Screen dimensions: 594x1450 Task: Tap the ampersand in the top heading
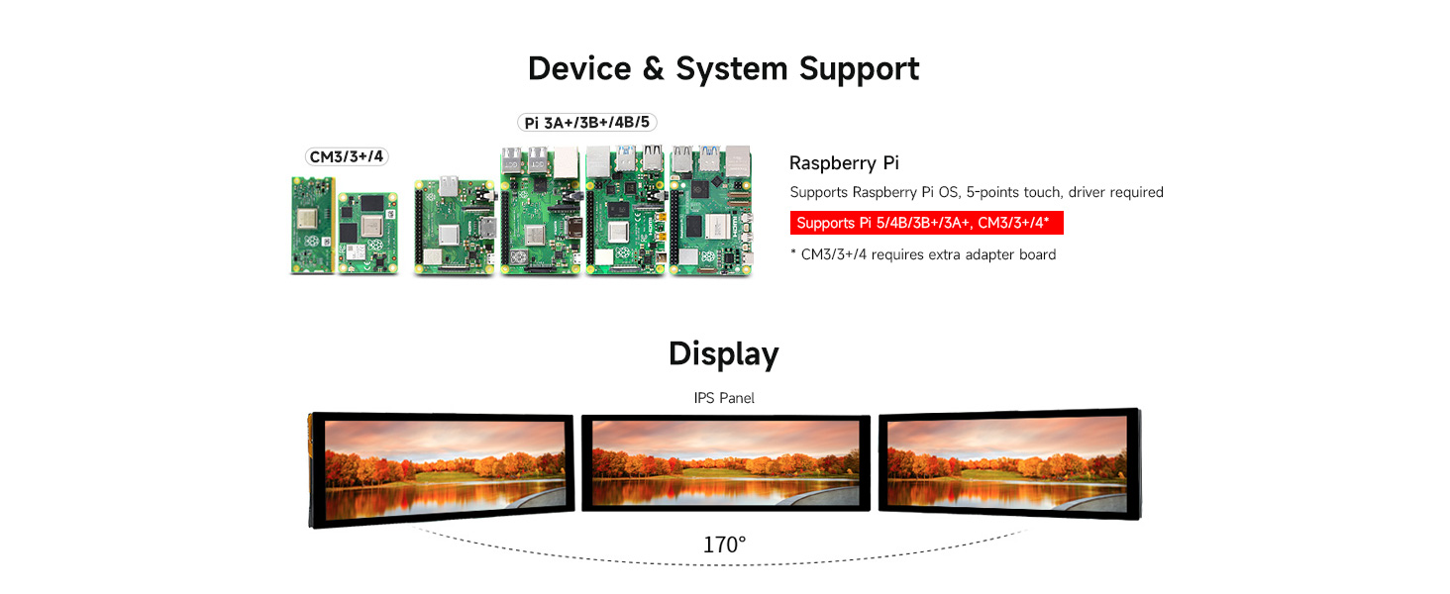654,69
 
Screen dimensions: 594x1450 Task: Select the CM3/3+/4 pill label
346,156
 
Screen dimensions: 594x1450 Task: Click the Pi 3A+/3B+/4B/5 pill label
586,123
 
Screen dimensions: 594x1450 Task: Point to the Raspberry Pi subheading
844,163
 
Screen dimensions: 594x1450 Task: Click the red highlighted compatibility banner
926,223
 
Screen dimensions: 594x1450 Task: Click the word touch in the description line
1043,192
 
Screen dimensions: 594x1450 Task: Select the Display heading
723,353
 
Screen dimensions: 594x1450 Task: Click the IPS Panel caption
724,398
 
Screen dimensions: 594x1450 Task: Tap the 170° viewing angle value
724,544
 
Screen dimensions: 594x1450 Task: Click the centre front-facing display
725,462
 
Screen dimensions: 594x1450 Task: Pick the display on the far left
442,467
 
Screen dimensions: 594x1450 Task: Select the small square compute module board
367,233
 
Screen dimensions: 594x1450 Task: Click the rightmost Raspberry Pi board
710,210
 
